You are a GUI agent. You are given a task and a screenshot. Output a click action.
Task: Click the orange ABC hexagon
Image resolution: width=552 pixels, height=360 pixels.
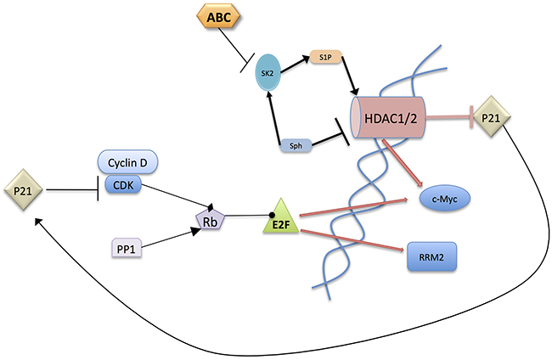218,16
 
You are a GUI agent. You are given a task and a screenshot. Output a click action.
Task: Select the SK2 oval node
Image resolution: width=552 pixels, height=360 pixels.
268,73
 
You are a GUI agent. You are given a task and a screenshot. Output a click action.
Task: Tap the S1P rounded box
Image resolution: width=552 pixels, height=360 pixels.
325,57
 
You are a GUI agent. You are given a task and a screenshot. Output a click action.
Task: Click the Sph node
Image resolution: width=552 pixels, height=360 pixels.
296,145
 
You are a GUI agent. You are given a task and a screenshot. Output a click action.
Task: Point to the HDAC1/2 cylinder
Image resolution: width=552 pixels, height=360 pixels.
388,118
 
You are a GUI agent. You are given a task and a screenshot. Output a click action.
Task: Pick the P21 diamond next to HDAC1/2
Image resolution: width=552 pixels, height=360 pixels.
491,117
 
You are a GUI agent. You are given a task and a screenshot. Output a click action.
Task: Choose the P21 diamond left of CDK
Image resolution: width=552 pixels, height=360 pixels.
23,190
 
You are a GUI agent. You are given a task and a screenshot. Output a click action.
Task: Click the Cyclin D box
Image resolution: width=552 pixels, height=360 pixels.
127,162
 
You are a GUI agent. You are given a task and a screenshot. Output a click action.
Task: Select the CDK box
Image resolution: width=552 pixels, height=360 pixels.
124,185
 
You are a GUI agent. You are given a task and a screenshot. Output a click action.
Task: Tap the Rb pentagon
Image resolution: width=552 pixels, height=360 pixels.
210,220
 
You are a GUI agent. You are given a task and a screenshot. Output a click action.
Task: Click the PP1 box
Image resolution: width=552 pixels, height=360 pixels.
127,249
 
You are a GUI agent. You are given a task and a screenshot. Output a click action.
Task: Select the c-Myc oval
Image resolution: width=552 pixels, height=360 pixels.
445,199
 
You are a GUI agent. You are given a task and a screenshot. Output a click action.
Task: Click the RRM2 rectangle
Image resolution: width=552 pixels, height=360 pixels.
431,257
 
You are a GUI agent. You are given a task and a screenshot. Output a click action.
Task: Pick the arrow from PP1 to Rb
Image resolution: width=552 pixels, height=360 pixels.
171,238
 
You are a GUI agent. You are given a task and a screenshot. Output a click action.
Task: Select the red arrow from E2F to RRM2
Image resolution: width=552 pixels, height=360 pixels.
352,240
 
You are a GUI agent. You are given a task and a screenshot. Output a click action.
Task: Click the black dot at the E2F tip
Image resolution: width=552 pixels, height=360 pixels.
272,215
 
